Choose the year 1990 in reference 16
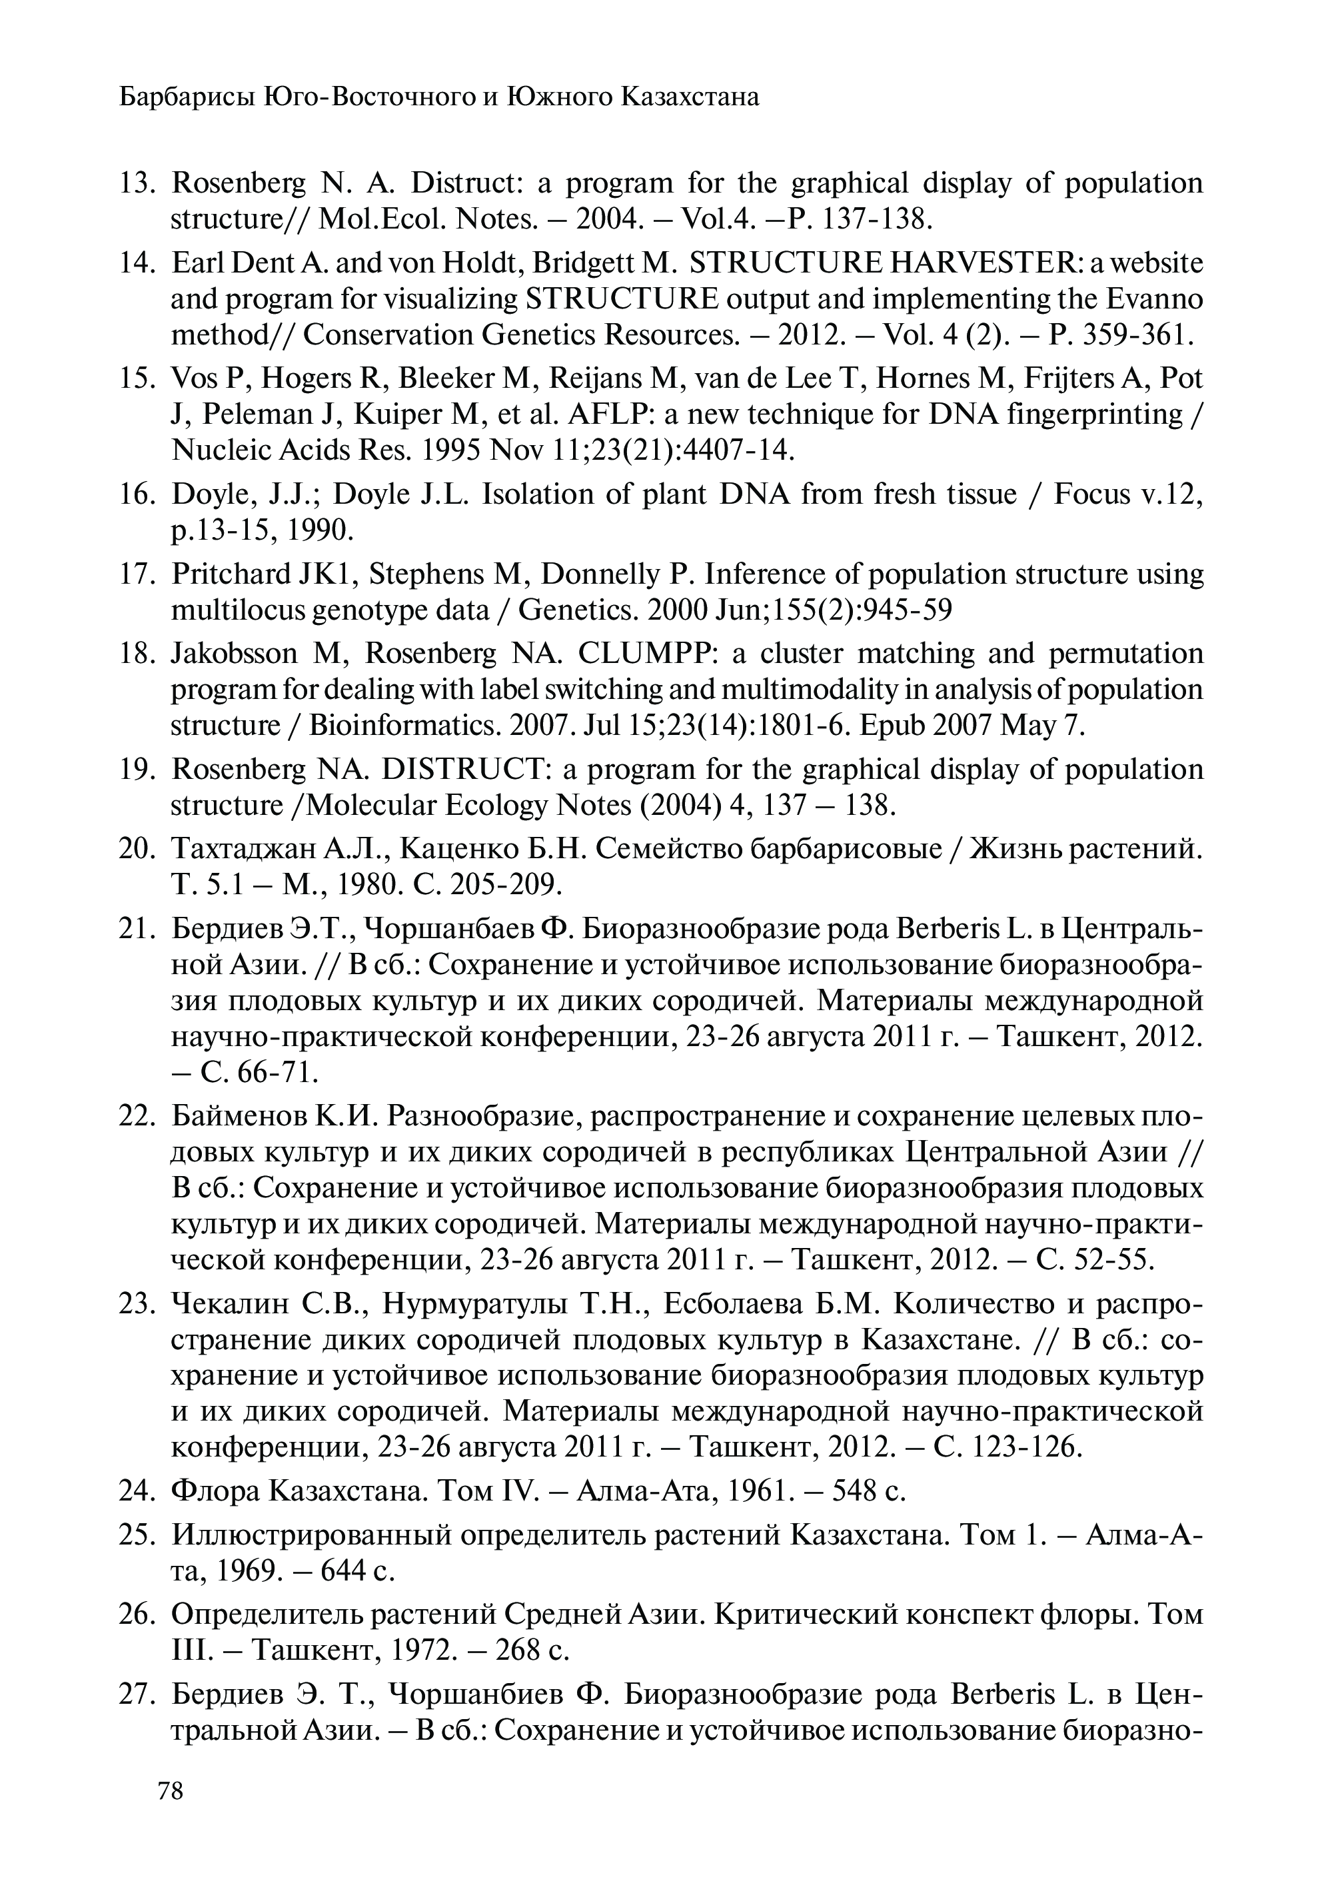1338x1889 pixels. click(x=319, y=530)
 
